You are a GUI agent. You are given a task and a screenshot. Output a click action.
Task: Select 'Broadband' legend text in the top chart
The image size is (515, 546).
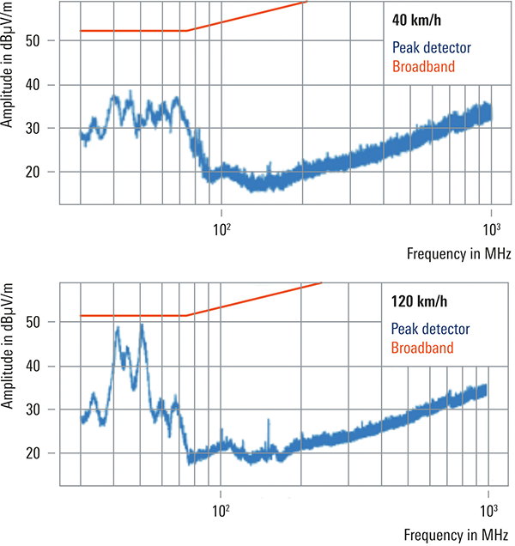click(x=423, y=66)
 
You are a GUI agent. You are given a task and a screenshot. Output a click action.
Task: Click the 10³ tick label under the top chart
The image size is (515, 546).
click(x=491, y=229)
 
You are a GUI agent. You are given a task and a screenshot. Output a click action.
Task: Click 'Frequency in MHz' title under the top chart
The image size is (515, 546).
click(x=460, y=255)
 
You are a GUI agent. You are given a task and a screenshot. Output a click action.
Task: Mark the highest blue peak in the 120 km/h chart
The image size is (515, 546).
click(x=141, y=325)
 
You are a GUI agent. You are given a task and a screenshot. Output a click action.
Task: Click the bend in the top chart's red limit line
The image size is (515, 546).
click(x=186, y=31)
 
